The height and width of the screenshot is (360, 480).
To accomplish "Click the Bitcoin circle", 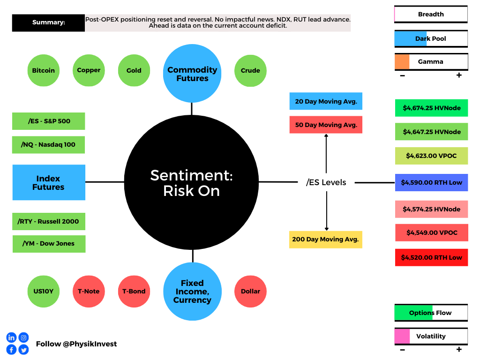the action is coord(44,70).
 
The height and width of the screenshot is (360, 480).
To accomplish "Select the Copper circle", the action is coord(89,70).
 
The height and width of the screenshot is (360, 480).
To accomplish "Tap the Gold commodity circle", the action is coord(134,70).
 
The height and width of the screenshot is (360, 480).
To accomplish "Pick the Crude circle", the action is coord(250,71).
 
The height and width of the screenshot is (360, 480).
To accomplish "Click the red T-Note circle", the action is coord(89,292).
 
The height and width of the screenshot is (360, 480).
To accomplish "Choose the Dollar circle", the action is coord(250,292).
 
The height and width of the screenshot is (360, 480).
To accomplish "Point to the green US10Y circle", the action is coord(44,292).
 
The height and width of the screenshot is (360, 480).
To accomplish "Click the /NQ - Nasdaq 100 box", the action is coord(48,145).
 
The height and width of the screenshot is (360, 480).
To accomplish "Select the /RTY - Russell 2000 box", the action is coord(49,221).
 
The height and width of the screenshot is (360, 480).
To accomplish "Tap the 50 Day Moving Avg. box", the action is coord(326,125).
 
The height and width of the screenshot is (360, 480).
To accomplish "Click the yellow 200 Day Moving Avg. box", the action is coord(326,240).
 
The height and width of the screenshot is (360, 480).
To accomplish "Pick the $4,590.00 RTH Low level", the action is coord(432,182).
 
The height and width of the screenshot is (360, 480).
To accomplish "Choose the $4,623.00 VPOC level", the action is coord(432,156).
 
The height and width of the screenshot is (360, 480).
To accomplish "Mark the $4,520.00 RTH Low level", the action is coord(432,257).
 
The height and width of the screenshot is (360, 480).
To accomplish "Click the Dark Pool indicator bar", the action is coord(431,38).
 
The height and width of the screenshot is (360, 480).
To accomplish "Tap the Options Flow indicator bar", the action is coord(431,313).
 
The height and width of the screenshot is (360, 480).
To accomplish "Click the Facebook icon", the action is coord(11,350).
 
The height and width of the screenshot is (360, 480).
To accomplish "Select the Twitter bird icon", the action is coord(23,350).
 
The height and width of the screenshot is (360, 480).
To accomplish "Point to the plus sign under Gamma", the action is coord(459,75).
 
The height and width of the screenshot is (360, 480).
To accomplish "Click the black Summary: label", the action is coord(48,22).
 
